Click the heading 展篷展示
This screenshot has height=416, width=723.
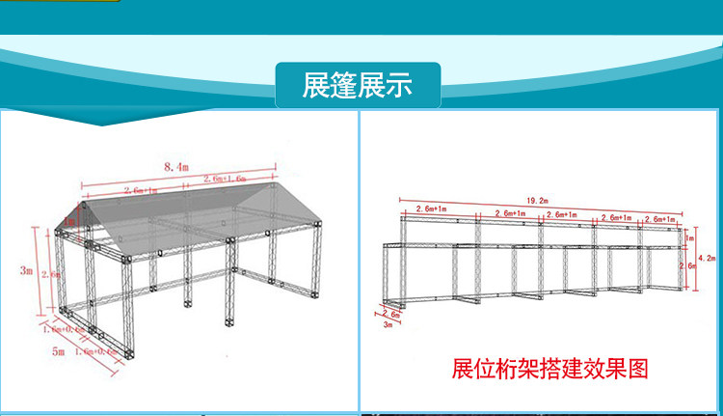[357, 85]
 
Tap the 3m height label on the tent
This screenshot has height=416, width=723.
[26, 271]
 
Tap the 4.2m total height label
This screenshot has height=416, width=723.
[710, 258]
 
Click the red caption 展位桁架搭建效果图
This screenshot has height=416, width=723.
[550, 369]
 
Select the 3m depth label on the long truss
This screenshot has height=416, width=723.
[389, 325]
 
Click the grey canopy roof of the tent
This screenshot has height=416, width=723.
[193, 217]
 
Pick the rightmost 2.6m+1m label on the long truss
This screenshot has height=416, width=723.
[664, 220]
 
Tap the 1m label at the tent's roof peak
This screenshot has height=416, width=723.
[70, 221]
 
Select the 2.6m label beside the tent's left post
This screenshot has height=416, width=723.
[55, 275]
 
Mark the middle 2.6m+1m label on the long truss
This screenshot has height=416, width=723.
[562, 215]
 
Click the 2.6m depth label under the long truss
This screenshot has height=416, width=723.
[391, 314]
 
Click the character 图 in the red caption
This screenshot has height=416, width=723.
[637, 369]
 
